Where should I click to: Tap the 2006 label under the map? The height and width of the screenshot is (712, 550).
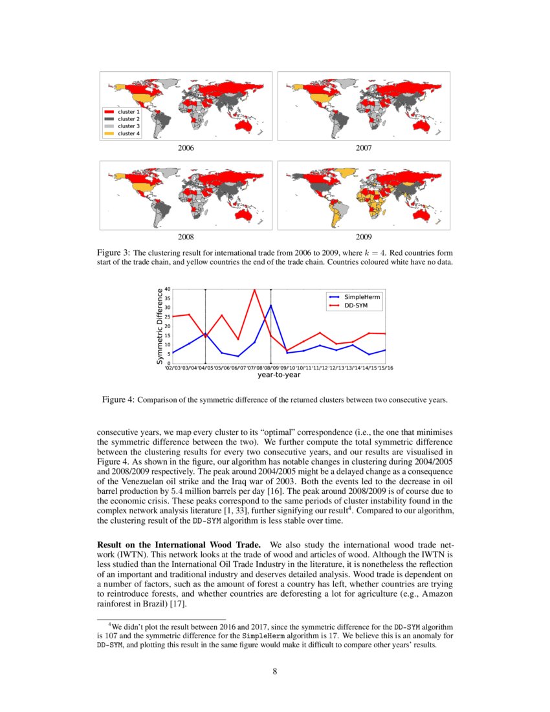click(186, 148)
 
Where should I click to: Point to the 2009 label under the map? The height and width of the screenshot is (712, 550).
click(364, 238)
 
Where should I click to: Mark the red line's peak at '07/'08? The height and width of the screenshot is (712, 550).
click(254, 289)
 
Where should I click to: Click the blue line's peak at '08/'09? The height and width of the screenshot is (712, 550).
click(270, 305)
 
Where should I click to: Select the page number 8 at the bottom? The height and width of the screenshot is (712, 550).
click(275, 671)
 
